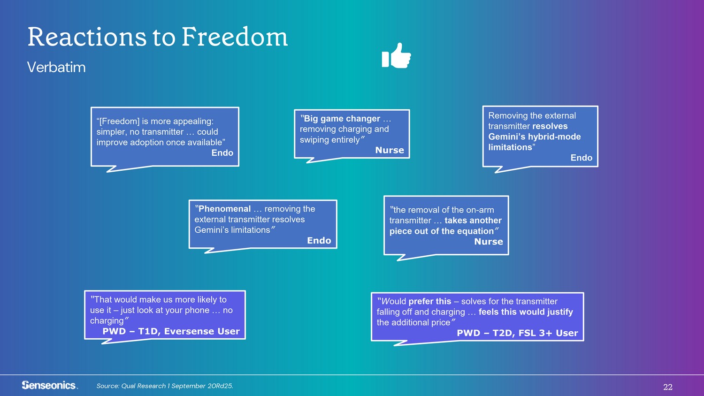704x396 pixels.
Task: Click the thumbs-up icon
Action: pos(396,55)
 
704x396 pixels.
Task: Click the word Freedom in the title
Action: pos(235,37)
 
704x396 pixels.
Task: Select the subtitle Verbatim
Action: pos(56,67)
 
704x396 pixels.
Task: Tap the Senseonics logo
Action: pos(49,385)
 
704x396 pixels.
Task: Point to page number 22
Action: pos(668,387)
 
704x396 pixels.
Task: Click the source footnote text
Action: pos(165,386)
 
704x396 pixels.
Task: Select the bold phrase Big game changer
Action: pos(340,119)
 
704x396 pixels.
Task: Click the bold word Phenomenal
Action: pos(223,209)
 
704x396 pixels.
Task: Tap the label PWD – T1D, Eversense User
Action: pos(171,331)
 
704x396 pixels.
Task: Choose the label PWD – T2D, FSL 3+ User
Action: pos(517,333)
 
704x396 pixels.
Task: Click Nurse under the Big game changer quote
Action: pos(390,150)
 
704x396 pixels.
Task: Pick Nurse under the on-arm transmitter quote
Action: pos(489,241)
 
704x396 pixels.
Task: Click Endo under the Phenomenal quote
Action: pos(319,240)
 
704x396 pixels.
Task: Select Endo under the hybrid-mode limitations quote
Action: pos(582,158)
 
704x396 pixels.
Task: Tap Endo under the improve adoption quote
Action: pos(222,153)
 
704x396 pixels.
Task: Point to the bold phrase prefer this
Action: pos(429,301)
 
